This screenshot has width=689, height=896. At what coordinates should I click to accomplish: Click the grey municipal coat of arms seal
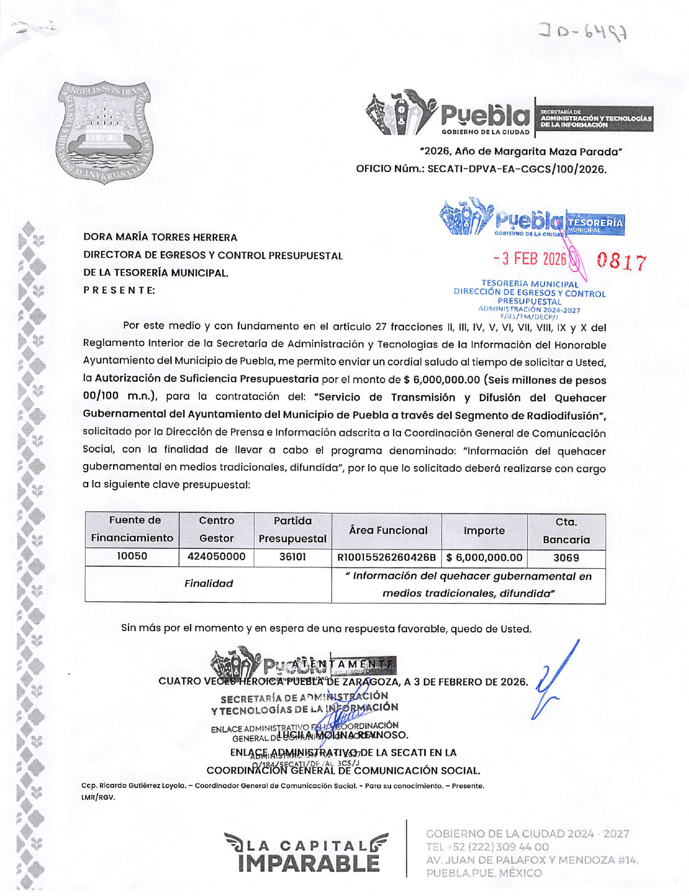coord(105,132)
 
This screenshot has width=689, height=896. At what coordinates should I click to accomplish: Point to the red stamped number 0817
coord(621,262)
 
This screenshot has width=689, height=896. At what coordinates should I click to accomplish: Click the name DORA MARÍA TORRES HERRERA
coord(160,238)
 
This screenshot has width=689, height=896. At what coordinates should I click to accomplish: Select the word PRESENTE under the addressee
coord(119,290)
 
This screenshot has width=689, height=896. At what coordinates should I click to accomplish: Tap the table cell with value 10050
coord(132,556)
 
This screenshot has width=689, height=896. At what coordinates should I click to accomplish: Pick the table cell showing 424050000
coord(216,556)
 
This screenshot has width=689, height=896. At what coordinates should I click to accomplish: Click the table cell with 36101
coord(292,557)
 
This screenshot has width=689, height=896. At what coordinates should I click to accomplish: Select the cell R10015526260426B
coord(386,558)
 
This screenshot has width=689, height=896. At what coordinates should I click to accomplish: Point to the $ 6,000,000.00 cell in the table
coord(484,558)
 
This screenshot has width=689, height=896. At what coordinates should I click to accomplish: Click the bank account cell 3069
coord(566,558)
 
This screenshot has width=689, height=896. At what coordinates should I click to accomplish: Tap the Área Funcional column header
coord(388,530)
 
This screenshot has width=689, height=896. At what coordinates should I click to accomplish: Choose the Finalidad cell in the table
coord(208,584)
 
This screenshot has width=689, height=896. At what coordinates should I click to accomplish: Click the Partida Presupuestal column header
coord(292,530)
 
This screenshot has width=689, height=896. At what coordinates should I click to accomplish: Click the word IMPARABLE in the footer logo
coord(308,863)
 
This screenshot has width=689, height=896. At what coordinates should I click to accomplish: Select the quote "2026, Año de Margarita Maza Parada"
coord(521,152)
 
